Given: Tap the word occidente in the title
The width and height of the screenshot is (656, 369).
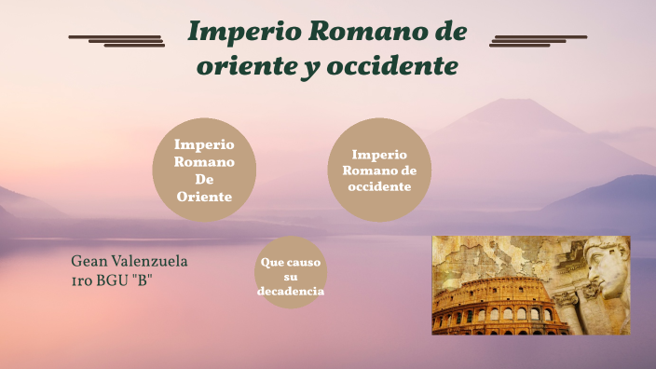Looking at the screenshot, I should (402, 67).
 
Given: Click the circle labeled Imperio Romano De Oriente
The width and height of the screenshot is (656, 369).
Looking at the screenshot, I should (204, 171).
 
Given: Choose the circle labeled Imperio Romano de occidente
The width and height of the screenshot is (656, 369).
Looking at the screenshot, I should (379, 170).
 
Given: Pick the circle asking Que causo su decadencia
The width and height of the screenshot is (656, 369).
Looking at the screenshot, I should (291, 277).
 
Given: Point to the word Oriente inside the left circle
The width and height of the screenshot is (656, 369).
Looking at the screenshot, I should (204, 196).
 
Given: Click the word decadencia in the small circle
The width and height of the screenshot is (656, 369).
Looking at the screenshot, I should (291, 292).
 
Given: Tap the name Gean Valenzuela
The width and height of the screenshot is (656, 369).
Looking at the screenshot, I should (129, 261).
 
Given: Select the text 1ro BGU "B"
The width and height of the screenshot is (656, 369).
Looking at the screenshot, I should (112, 280).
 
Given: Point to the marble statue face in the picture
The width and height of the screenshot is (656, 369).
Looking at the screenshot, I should (606, 266).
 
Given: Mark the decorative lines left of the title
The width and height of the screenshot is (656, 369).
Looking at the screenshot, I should (117, 39).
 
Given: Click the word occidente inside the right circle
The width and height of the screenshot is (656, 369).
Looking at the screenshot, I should (379, 186).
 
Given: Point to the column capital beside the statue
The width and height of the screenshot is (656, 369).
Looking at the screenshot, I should (567, 299).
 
